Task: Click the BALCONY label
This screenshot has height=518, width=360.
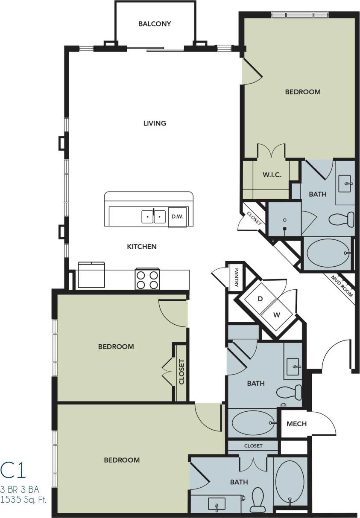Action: [x=155, y=24]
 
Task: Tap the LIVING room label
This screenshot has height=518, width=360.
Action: [x=155, y=123]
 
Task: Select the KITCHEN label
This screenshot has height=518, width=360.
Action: [x=142, y=246]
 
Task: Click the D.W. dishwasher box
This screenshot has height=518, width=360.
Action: [x=177, y=216]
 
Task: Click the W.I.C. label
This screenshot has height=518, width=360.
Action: [x=272, y=175]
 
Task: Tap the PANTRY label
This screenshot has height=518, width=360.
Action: [x=235, y=277]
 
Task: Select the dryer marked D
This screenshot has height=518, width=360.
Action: [x=260, y=299]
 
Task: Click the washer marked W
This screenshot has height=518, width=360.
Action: [x=277, y=315]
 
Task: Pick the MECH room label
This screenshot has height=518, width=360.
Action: [x=296, y=424]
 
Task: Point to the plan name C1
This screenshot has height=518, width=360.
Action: [x=13, y=470]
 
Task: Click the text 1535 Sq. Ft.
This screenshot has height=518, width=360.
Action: [x=24, y=499]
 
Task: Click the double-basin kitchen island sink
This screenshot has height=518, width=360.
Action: [x=154, y=216]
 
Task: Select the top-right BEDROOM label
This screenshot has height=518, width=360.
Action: [x=303, y=92]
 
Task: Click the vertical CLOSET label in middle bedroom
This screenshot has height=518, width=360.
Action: [x=181, y=372]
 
